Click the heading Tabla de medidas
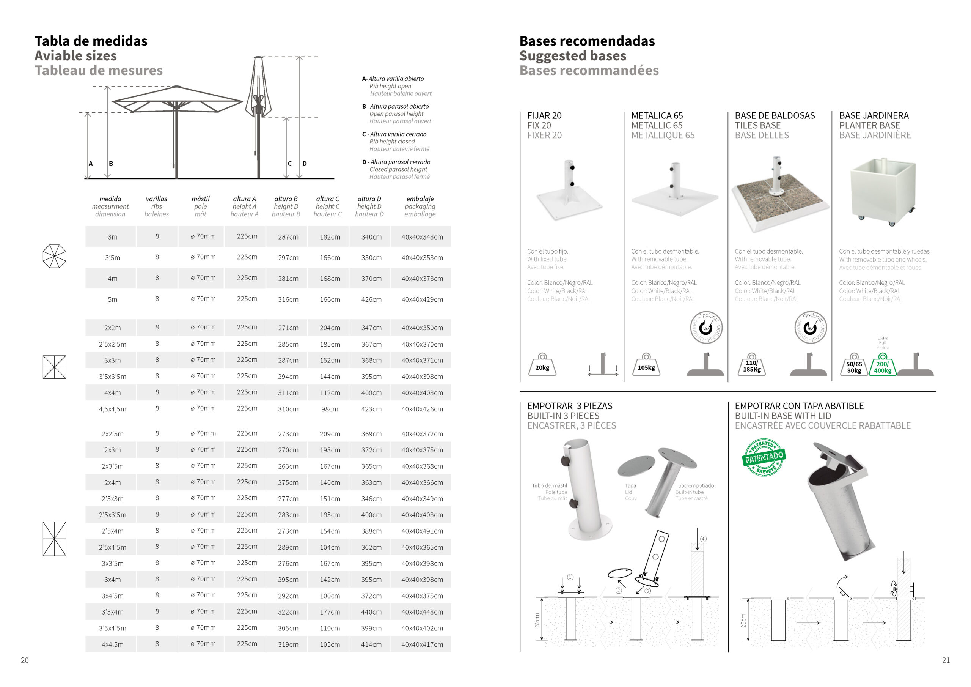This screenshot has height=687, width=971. click(x=91, y=41)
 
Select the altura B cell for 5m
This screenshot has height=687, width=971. click(x=288, y=299)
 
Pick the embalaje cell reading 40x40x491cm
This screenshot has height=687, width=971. click(x=422, y=531)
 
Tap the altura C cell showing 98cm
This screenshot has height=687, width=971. click(x=330, y=409)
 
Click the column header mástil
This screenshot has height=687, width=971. click(x=201, y=199)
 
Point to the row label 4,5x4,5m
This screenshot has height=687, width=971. click(x=113, y=409)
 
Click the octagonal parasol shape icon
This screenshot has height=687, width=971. click(x=55, y=256)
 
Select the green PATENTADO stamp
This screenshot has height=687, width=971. click(x=764, y=457)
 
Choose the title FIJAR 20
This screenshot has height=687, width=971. click(x=544, y=115)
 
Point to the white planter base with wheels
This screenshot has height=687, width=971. click(x=883, y=191)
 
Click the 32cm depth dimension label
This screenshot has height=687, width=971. click(x=537, y=620)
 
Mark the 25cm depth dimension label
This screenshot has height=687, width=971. click(x=743, y=621)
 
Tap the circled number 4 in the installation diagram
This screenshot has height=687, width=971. click(x=703, y=539)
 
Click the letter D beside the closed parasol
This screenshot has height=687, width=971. click(x=305, y=163)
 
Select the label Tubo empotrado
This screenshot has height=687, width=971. click(x=694, y=485)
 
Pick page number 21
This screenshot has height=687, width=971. click(x=946, y=660)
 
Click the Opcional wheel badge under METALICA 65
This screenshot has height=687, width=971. click(x=706, y=328)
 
